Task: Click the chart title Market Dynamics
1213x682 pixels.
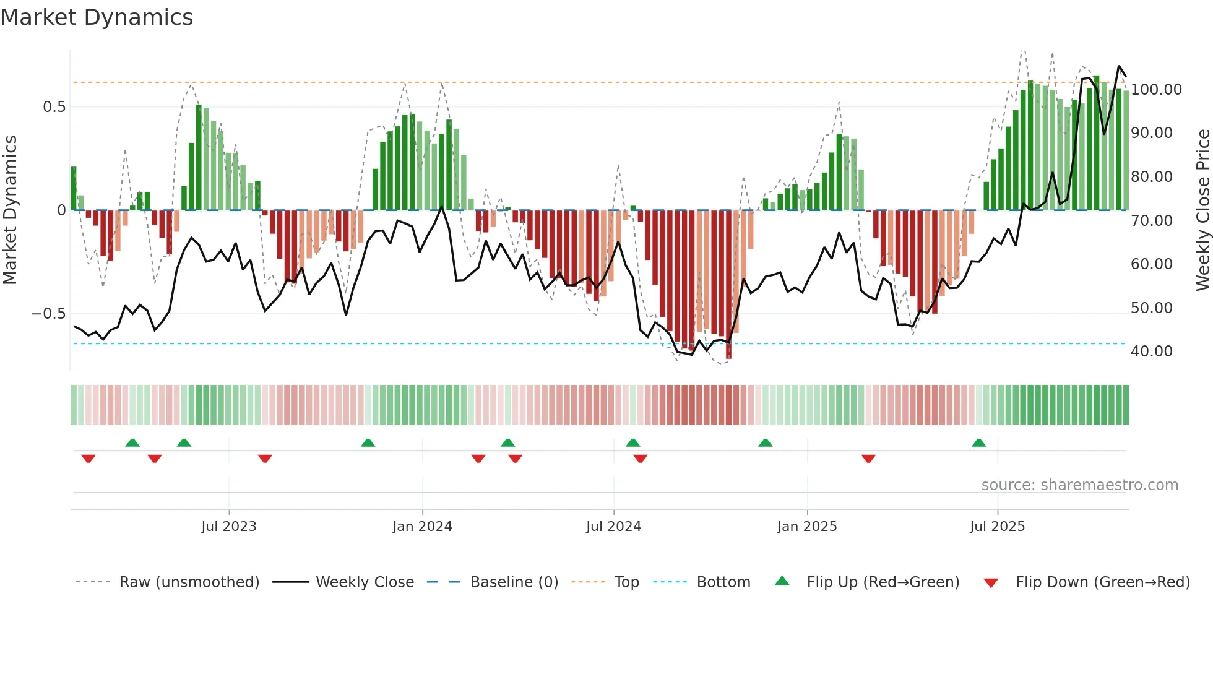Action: tap(97, 17)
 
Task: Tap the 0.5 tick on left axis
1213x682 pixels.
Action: tap(54, 107)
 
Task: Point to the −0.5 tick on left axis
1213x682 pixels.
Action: tap(48, 314)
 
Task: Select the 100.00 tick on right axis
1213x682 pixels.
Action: tap(1156, 90)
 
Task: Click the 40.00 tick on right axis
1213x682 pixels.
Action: tap(1151, 352)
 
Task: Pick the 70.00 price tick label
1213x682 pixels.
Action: tap(1151, 221)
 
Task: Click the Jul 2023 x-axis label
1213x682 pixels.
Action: tap(228, 527)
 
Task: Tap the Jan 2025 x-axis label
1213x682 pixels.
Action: tap(807, 527)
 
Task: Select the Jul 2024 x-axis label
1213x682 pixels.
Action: tap(613, 527)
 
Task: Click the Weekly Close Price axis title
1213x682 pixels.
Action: tap(1202, 210)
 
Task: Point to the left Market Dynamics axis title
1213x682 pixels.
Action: tap(10, 210)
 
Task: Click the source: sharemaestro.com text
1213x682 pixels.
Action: tap(1079, 485)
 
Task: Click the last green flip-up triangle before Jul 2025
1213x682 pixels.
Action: tap(978, 442)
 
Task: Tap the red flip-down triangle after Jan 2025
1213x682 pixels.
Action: tap(868, 459)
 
